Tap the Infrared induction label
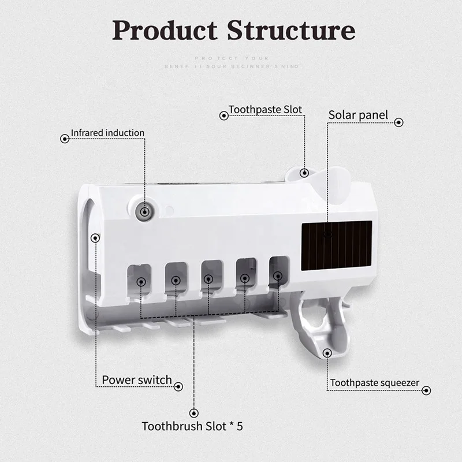coord(107,133)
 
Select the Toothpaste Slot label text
coord(265,109)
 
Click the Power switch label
coord(137,380)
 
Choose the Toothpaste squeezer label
coord(375,383)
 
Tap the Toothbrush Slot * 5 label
coord(192,427)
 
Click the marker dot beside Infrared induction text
coord(64,139)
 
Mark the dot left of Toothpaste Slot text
coord(223,115)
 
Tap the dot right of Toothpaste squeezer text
coord(426,391)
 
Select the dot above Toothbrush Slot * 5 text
coord(193,412)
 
